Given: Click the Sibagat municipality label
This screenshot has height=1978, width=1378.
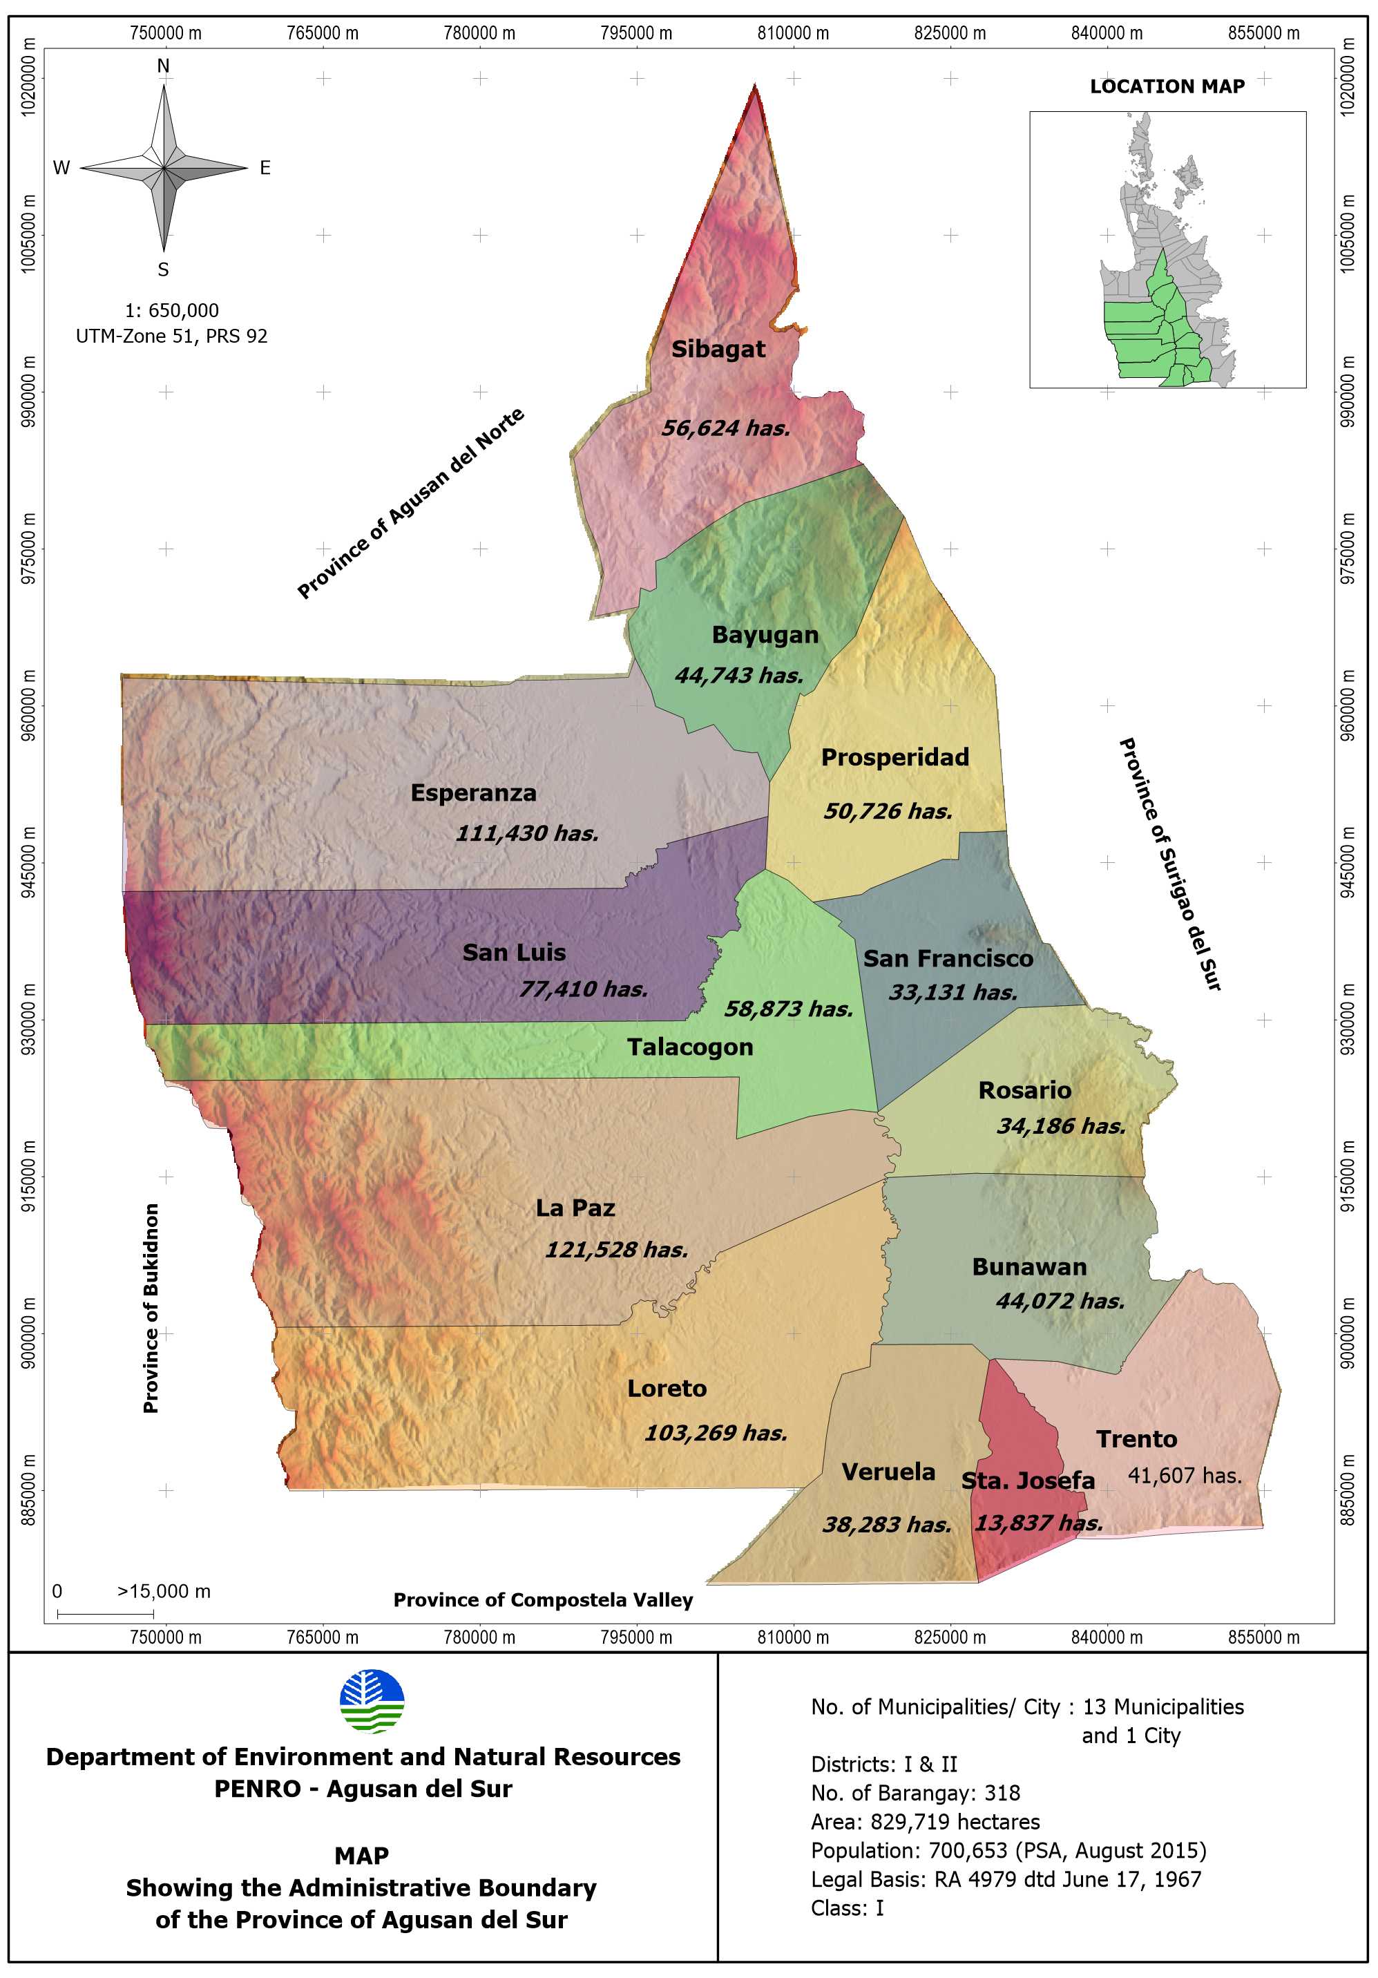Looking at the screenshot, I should pos(718,349).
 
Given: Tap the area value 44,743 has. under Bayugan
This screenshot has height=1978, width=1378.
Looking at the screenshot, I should pos(738,676).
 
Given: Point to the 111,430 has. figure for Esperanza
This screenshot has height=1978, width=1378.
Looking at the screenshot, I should pos(526,833).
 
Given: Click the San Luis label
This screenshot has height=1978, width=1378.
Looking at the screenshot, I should pos(513,952).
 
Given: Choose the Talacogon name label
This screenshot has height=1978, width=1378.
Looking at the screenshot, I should pos(689,1047).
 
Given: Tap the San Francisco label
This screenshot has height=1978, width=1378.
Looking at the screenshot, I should pos(948,958).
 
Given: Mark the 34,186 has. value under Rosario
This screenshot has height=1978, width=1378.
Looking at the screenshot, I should pos(1060,1126).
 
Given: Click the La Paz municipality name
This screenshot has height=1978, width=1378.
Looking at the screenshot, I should pos(575,1208).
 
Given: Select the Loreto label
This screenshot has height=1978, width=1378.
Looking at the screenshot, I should pos(666,1389).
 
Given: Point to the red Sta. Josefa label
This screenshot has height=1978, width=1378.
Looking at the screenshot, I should pos(1028,1481).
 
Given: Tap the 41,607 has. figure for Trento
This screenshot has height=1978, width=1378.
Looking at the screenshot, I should pos(1184,1476).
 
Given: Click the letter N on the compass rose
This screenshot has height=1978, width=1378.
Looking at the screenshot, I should pos(163,66).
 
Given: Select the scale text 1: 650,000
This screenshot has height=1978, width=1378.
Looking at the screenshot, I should pos(171,310).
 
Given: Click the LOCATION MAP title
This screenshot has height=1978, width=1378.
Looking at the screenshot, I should pos(1167,86).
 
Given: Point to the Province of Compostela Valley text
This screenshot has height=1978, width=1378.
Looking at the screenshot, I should pos(543,1600).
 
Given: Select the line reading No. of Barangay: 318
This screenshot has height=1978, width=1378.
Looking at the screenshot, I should pos(915,1793).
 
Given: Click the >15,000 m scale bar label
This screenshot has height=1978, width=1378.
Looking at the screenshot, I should pos(164,1591).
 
